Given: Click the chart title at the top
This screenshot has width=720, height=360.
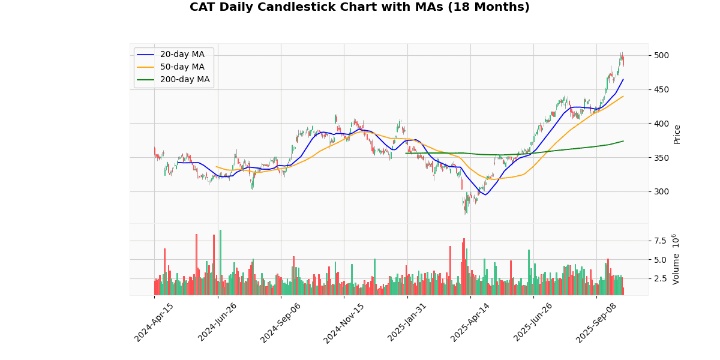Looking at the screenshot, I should (x=359, y=7).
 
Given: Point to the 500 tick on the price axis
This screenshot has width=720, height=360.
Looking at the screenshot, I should (x=661, y=55).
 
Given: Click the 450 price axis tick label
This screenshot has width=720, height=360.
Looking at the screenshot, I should (x=661, y=89).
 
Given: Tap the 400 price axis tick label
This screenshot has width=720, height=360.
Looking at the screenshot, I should (x=661, y=124).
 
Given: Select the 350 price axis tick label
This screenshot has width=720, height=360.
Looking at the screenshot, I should (x=661, y=158).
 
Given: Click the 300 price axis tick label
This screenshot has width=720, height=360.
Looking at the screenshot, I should (x=661, y=192).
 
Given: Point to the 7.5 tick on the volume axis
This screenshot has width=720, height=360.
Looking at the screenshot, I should (x=659, y=241).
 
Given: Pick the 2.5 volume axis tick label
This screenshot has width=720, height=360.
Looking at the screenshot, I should (x=659, y=278).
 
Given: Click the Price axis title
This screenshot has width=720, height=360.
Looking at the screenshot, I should (x=677, y=134).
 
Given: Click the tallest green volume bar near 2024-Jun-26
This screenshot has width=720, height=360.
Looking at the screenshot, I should (x=220, y=262).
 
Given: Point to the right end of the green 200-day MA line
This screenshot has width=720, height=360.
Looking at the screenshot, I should (x=623, y=141).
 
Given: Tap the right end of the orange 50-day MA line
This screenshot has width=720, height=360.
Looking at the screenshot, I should (x=623, y=96).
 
